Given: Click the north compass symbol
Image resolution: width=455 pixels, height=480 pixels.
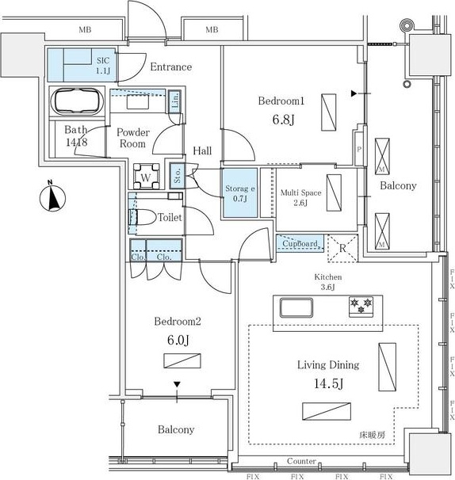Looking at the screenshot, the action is (x=52, y=197).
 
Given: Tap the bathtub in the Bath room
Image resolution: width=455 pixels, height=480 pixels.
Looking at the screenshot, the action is (x=77, y=101).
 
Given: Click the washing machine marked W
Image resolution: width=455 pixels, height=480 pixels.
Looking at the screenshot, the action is (x=147, y=177).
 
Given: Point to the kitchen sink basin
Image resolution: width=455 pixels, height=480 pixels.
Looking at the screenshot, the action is (x=296, y=307).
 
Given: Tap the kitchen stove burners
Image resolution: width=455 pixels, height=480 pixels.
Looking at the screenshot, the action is (x=361, y=306).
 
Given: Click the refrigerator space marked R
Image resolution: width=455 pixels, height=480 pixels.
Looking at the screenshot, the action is (x=342, y=248).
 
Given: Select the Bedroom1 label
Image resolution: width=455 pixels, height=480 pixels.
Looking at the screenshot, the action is (x=281, y=101).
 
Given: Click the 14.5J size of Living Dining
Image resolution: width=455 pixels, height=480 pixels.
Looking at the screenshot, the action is (x=328, y=383).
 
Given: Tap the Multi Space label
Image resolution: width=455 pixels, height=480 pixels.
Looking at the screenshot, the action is (x=301, y=192).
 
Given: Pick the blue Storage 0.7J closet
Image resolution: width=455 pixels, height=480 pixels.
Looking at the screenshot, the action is (x=240, y=192).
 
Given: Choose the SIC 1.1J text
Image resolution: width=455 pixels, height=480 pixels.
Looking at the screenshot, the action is (x=103, y=66).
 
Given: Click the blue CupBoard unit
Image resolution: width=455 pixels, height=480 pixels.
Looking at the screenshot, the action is (x=300, y=243).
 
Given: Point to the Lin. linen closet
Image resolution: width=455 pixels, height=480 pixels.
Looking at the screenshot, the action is (x=175, y=101).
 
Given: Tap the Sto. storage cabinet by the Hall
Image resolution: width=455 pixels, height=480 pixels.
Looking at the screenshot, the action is (x=178, y=176).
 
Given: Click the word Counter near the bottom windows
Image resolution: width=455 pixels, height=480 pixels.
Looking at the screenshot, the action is (x=301, y=461).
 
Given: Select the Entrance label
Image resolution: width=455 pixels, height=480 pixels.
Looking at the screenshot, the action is (x=171, y=67).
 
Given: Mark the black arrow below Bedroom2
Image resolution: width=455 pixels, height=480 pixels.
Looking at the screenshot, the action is (x=177, y=384).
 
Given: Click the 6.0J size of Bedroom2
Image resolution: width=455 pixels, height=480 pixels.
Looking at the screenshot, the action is (x=178, y=340).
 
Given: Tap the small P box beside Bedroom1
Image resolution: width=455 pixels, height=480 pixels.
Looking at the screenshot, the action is (x=359, y=149).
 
